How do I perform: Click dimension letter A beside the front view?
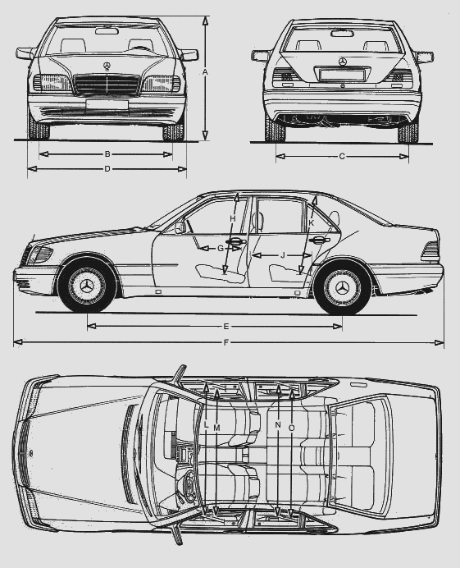(x=205, y=72)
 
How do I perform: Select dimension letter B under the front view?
(x=107, y=154)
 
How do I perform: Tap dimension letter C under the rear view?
(x=342, y=157)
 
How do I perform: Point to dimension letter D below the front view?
(x=107, y=169)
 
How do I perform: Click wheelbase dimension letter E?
(x=226, y=327)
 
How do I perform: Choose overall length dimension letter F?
(x=226, y=342)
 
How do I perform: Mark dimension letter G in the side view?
(x=221, y=249)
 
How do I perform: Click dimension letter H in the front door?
(x=233, y=219)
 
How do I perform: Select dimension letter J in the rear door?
(x=283, y=256)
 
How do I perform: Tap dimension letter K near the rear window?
(x=312, y=223)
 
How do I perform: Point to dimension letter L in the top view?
(x=207, y=425)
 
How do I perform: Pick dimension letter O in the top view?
(x=292, y=428)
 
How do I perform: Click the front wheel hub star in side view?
(x=87, y=287)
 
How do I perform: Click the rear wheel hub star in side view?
(x=343, y=288)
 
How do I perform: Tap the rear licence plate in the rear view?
(x=342, y=75)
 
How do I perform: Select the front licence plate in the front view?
(x=107, y=104)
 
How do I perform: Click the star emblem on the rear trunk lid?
(x=343, y=62)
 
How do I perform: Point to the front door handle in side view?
(x=235, y=241)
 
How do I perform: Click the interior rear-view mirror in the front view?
(x=107, y=31)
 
